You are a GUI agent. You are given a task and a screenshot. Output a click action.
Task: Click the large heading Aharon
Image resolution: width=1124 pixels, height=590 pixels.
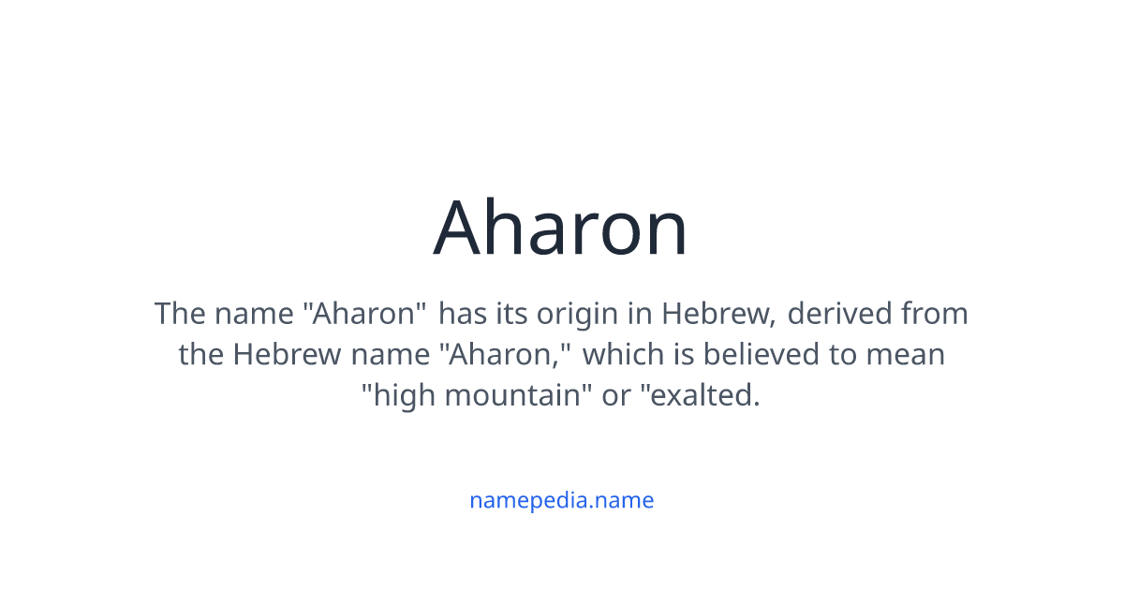coord(560,228)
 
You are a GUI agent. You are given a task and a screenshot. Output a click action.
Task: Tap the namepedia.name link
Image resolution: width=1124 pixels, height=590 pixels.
coord(561,500)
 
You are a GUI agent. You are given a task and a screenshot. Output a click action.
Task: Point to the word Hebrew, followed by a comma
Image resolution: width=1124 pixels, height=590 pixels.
coord(718,313)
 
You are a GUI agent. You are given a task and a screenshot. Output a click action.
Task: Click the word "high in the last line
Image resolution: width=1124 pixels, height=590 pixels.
coord(398,395)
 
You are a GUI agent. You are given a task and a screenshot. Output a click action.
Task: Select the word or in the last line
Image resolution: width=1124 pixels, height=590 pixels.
coord(615,395)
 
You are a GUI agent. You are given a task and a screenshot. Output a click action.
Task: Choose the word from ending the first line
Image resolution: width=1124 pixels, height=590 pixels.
coord(935,313)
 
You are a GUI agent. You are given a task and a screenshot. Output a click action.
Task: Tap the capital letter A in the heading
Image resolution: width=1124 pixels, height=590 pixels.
coord(459,228)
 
